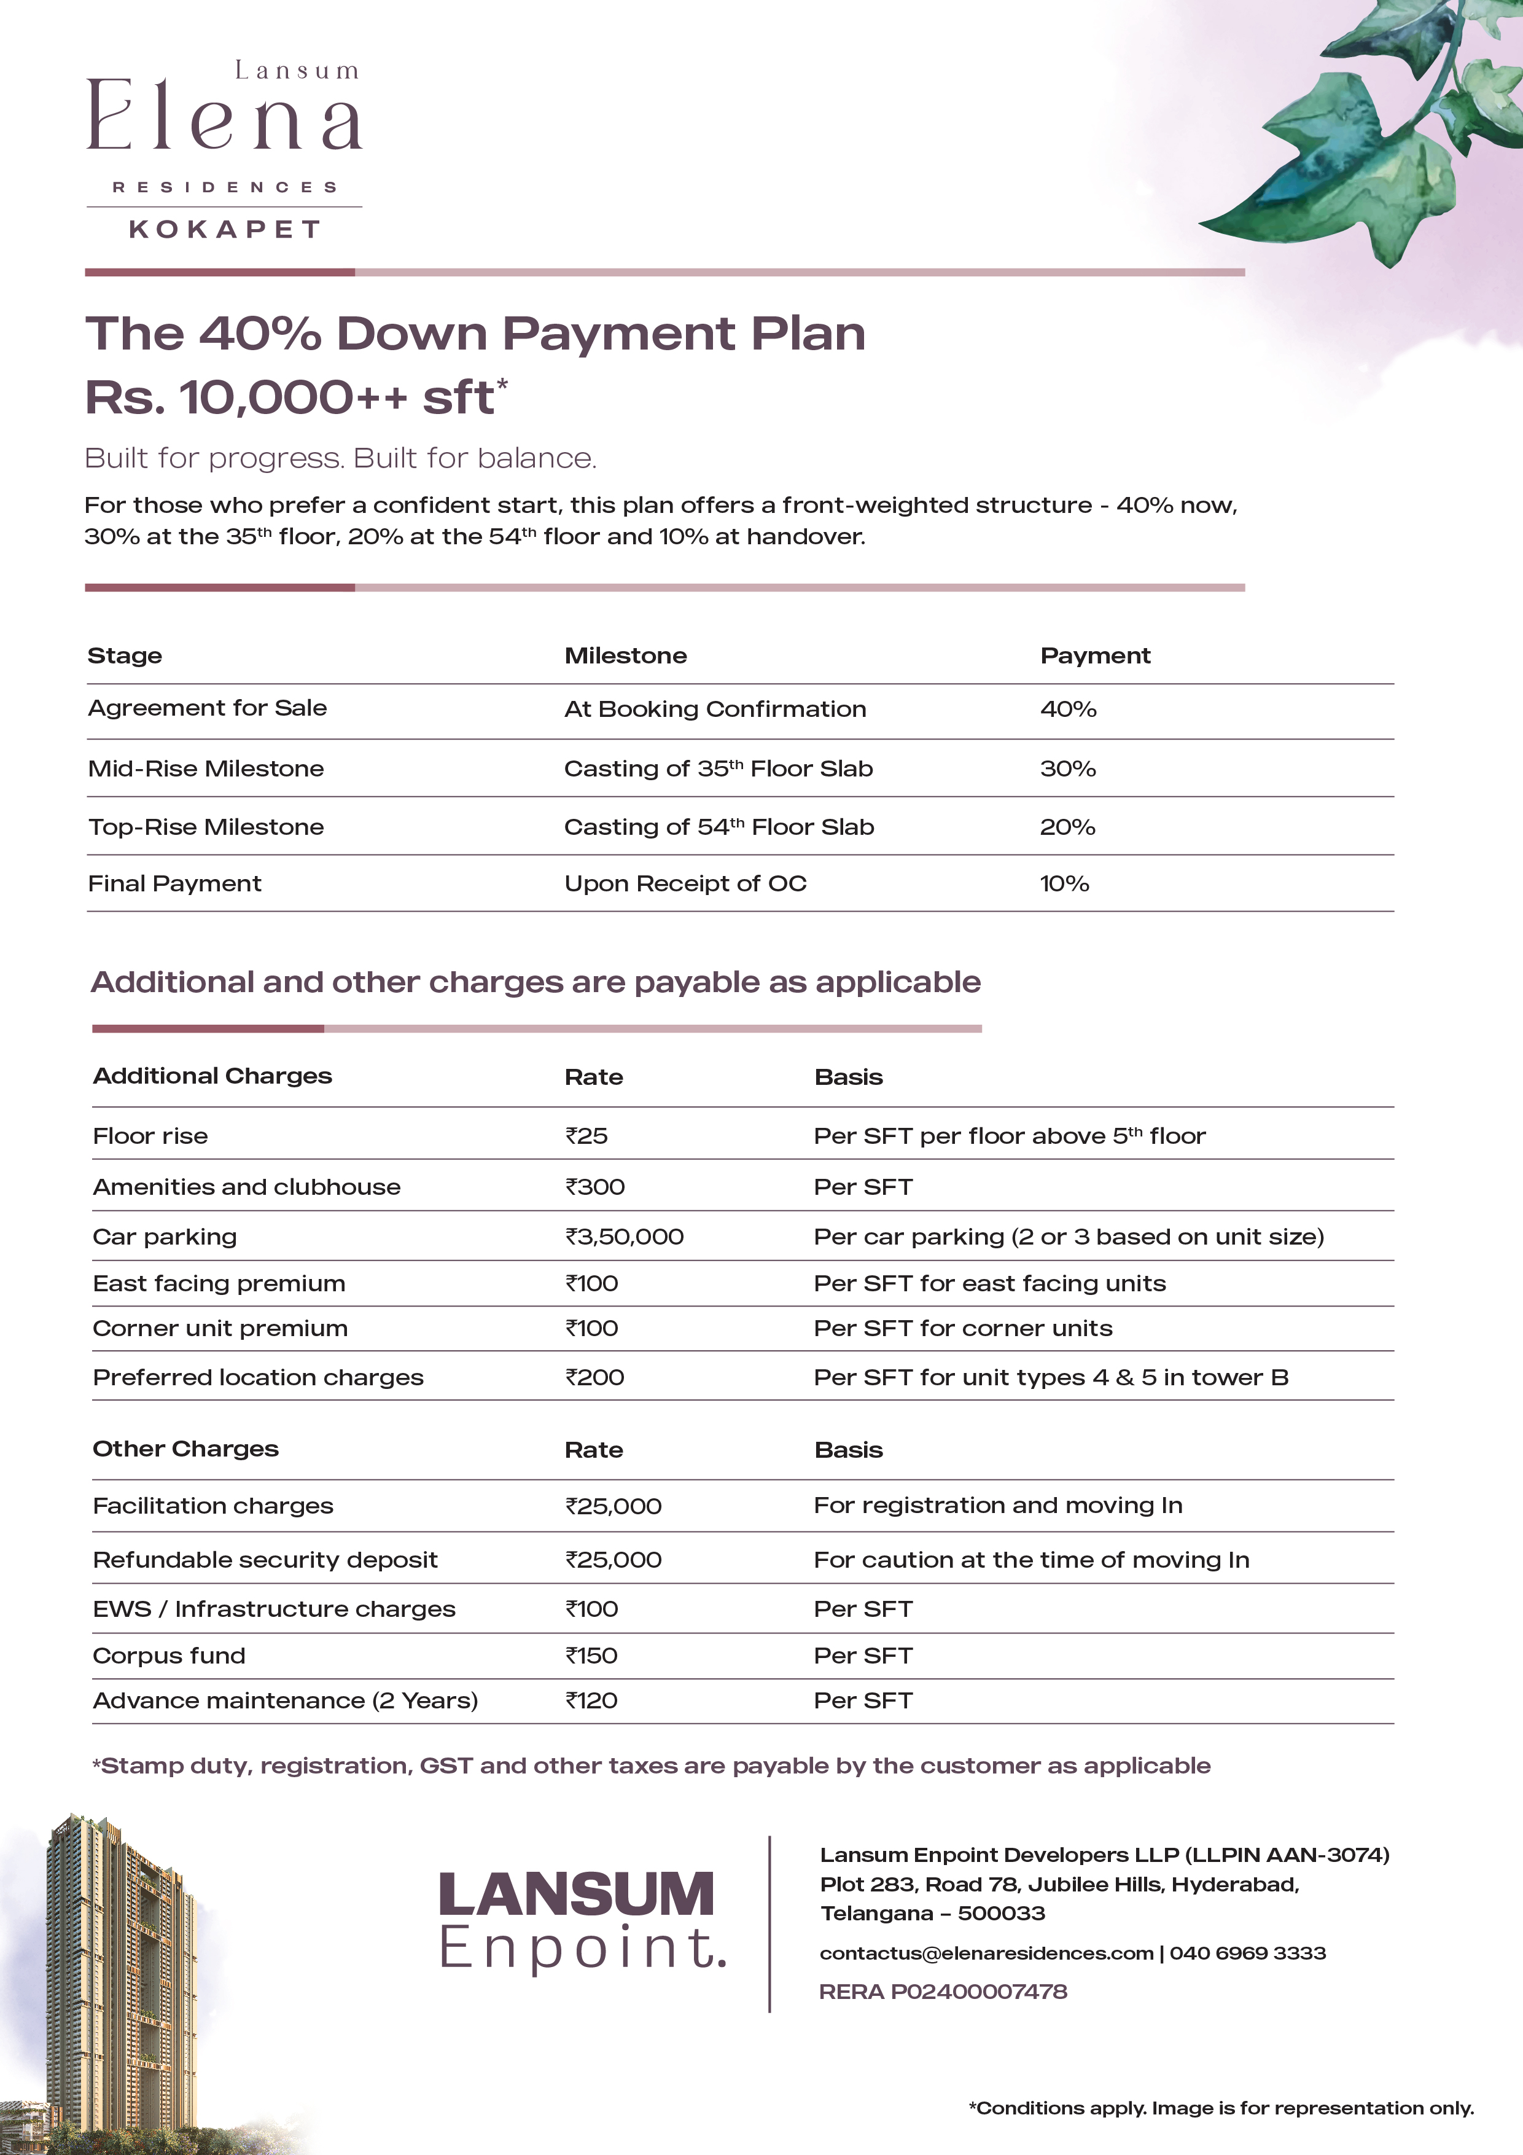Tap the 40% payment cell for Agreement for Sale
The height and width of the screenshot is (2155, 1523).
(1068, 710)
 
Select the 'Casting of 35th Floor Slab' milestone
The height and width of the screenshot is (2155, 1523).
(718, 769)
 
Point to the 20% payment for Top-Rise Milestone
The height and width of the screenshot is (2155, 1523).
(1067, 827)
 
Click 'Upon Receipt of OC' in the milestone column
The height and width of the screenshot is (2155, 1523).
(685, 883)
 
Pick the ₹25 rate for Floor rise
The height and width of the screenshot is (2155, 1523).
(586, 1136)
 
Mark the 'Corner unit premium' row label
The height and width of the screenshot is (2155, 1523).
(220, 1328)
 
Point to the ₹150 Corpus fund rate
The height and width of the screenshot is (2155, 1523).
(591, 1655)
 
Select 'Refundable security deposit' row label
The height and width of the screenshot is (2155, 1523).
(265, 1559)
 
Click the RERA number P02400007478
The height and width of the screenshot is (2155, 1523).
(943, 1991)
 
